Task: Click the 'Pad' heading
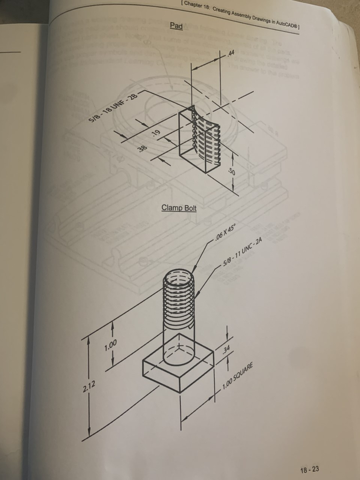tap(176, 26)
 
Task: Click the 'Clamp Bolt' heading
tap(179, 208)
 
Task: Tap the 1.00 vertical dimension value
tap(111, 344)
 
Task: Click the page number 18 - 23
tap(309, 469)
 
